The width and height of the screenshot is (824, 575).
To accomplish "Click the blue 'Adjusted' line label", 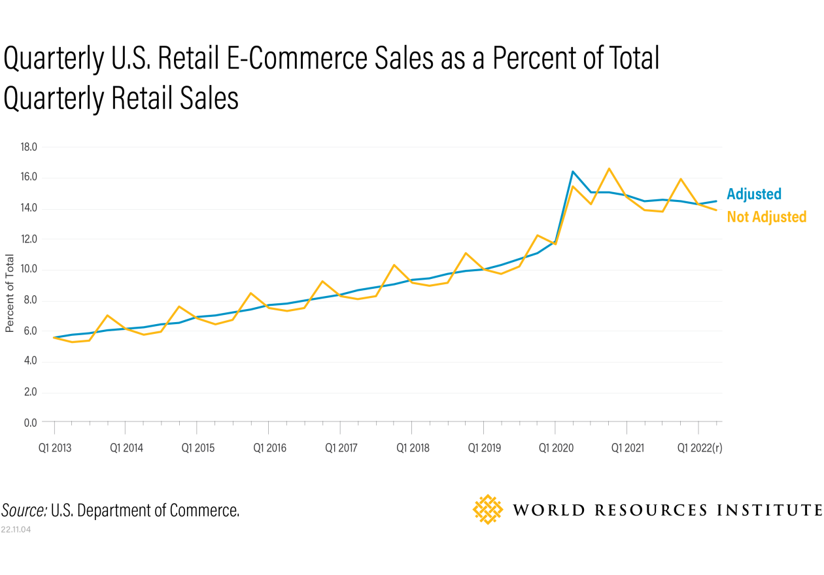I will click(x=753, y=194).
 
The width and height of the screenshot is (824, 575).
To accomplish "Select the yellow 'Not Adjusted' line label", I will click(x=766, y=217).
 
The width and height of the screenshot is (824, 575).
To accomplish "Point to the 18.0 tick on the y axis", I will click(x=28, y=147).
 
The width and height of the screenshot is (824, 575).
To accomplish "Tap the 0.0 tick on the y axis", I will click(x=29, y=423).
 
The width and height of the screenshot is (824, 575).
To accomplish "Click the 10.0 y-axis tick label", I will click(x=28, y=270).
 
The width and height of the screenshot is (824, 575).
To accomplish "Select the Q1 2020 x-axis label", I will click(x=555, y=448).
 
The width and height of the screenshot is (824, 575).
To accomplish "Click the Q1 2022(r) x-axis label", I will click(x=699, y=448).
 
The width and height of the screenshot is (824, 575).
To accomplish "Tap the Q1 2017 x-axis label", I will click(x=339, y=448).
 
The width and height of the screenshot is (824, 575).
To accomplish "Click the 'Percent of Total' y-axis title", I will click(x=10, y=293).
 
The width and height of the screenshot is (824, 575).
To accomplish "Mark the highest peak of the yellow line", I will click(x=609, y=169).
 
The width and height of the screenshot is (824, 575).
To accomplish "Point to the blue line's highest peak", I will click(x=573, y=172).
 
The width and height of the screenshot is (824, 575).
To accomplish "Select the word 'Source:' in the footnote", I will click(x=24, y=510).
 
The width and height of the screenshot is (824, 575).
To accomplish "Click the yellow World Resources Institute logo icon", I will click(x=488, y=510).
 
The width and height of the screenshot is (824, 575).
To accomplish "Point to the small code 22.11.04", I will click(x=16, y=529).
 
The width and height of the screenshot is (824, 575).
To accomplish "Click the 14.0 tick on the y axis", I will click(x=28, y=208).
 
